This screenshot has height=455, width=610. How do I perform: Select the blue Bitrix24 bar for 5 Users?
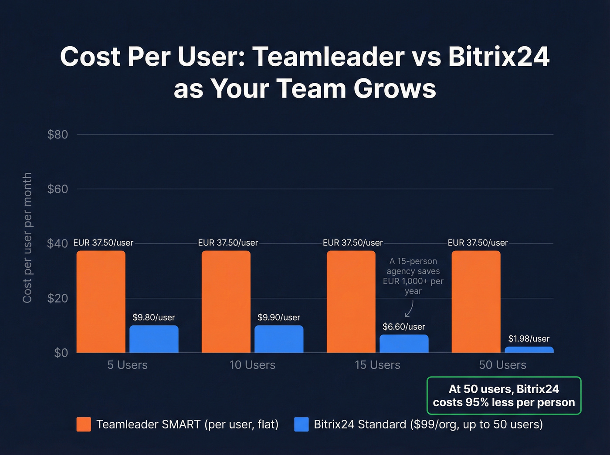pos(154,339)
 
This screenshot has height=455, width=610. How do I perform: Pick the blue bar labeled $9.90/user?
pos(279,339)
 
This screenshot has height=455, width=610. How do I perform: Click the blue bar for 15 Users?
pos(404,344)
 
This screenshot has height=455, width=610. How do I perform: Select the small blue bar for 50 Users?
pos(529,350)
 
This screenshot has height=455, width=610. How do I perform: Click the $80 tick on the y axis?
pos(58,135)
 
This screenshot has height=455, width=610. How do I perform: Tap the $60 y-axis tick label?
pos(58,189)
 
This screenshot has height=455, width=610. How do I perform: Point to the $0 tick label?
pos(61,353)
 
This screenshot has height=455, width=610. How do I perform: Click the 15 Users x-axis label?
pos(377,365)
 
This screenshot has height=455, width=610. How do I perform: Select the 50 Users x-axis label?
pos(502,365)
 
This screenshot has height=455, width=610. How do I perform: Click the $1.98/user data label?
pos(529,339)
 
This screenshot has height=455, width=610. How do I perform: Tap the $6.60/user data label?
pos(403,327)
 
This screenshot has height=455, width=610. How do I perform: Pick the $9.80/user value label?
pos(153,317)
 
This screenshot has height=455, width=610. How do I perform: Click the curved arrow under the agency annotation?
pos(409,309)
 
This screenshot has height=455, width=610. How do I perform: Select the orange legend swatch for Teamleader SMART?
pos(84,424)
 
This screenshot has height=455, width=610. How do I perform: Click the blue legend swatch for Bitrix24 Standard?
pos(301,424)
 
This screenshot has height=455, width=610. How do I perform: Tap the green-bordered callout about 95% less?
pos(504,395)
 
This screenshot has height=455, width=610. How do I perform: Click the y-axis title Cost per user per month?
pos(27,237)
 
